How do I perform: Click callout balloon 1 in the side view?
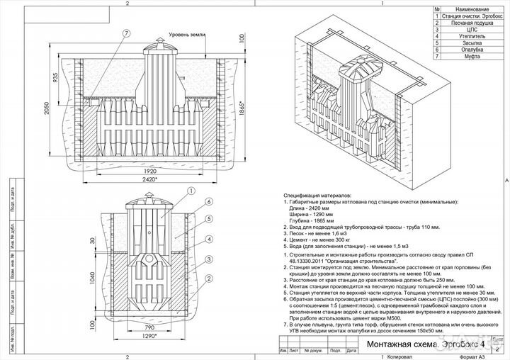pyautogui.click(x=191, y=191)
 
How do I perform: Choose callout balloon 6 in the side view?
pyautogui.click(x=210, y=201)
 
